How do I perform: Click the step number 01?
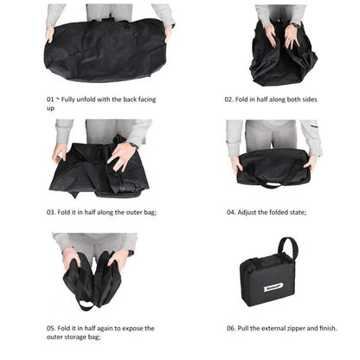point(51,100)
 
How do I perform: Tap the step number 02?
point(230,100)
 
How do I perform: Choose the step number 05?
point(51,328)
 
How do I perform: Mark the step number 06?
point(232,328)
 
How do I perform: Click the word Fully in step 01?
point(75,100)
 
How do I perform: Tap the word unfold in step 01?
point(100,100)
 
